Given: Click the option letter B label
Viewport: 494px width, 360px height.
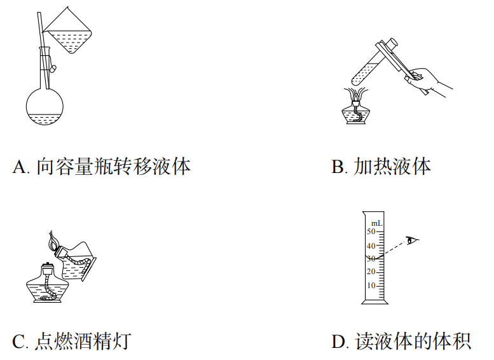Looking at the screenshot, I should [338, 167].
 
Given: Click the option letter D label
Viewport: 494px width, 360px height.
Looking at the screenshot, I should [338, 342].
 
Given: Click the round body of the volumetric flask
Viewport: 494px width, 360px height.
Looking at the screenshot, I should [45, 109].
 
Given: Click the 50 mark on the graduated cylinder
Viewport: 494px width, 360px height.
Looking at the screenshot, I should [371, 232].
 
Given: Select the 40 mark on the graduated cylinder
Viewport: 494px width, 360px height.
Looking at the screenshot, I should [371, 246].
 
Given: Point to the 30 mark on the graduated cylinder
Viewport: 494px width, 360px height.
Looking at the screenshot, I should [371, 259].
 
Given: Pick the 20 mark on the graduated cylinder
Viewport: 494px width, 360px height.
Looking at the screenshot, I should [371, 272].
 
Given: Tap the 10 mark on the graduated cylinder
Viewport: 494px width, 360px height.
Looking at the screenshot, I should [371, 286].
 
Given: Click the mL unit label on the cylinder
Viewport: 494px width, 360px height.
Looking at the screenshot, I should [376, 223].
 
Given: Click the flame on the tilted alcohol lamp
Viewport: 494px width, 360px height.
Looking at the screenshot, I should [54, 241].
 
